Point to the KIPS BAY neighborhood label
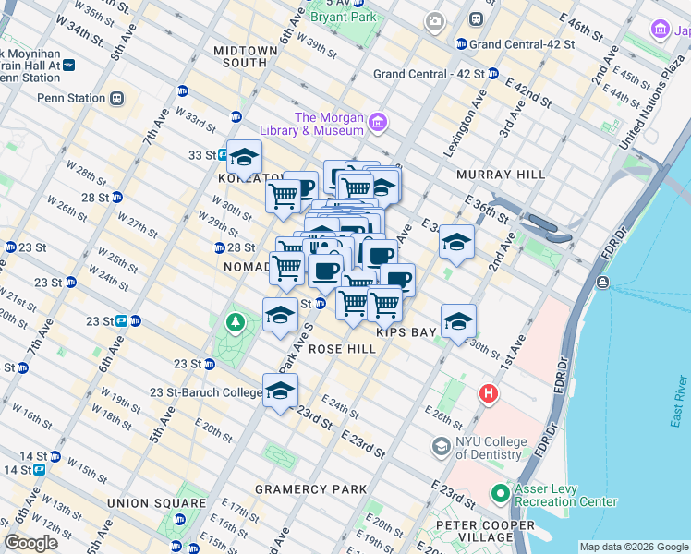tap(405, 331)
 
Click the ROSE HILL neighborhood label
tap(342, 349)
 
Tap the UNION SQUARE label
tap(155, 503)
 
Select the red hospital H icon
tap(487, 394)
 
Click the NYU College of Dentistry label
tap(499, 446)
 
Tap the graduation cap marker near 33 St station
tap(245, 156)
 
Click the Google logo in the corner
tap(31, 543)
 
